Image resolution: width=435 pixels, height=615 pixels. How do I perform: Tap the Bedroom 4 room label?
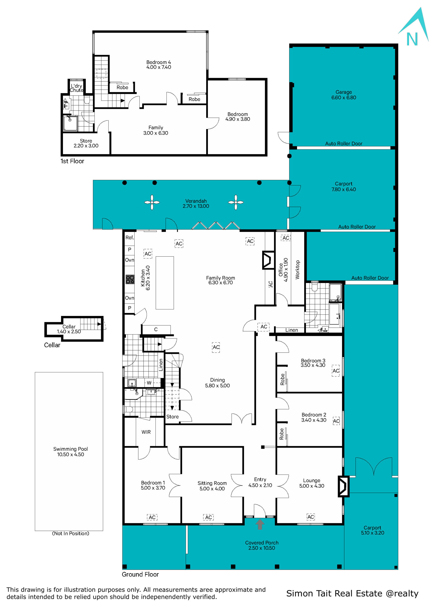[x=158, y=62]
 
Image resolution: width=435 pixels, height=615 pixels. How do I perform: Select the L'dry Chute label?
[x=76, y=88]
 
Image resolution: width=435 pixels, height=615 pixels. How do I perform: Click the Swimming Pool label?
[x=70, y=449]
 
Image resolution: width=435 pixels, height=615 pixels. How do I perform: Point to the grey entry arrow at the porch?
[x=260, y=524]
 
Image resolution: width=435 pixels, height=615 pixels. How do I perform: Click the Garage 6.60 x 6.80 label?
[x=344, y=95]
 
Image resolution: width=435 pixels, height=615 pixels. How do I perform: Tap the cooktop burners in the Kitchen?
[x=130, y=279]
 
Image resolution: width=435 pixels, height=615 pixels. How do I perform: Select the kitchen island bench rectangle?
[x=165, y=283]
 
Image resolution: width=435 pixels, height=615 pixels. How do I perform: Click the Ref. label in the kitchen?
[x=130, y=238]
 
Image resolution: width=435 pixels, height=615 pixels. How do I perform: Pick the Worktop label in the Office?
[x=297, y=270]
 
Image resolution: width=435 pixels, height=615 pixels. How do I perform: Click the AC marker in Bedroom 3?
[x=336, y=371]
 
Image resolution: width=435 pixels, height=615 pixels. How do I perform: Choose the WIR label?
[x=146, y=432]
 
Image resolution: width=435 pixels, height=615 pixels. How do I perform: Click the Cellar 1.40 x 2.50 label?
[x=69, y=329]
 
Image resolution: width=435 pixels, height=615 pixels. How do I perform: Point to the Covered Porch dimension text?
[x=261, y=548]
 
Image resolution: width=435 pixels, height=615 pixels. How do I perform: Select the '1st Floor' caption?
[x=72, y=161]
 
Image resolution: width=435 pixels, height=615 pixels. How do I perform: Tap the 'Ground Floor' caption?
[x=140, y=574]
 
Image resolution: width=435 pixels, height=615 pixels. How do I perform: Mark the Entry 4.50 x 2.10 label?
[x=260, y=482]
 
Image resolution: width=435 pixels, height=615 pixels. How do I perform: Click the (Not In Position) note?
[x=70, y=534]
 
